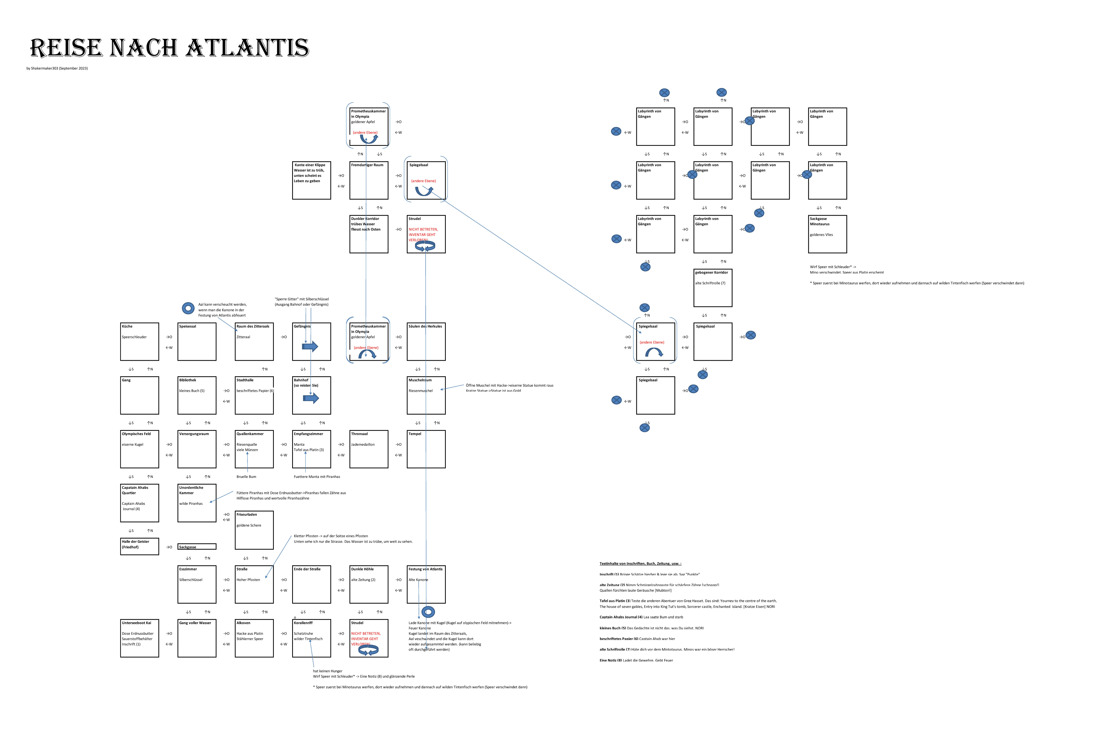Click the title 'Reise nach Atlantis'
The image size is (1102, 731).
(169, 48)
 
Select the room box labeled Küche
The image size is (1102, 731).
(139, 342)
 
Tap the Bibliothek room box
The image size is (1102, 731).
(197, 395)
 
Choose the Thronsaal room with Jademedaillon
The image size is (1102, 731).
(369, 449)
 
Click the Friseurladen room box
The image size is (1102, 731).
(254, 530)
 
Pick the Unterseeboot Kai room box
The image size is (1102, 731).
(139, 638)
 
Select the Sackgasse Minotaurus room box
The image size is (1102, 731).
(827, 234)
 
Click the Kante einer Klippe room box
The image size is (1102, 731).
(312, 180)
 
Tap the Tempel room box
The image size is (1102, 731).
(426, 449)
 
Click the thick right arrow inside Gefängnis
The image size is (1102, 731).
(310, 346)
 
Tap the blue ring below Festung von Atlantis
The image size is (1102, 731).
(428, 612)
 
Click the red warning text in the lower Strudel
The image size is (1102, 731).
(366, 639)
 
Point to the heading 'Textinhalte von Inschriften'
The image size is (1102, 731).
(640, 564)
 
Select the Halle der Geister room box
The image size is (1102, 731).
(139, 546)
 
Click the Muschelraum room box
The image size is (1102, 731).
(426, 395)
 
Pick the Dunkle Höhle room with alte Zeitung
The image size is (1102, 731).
(369, 584)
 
